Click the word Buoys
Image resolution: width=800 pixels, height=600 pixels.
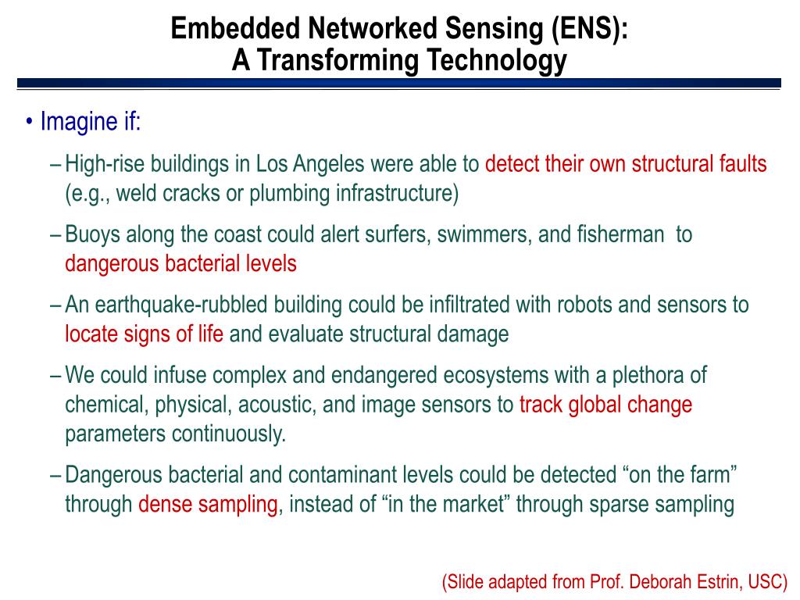pos(93,234)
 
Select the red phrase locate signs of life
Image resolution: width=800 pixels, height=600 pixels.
pos(144,334)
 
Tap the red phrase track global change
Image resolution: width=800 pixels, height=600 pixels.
pos(605,405)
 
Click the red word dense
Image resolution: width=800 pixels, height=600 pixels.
pos(166,505)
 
